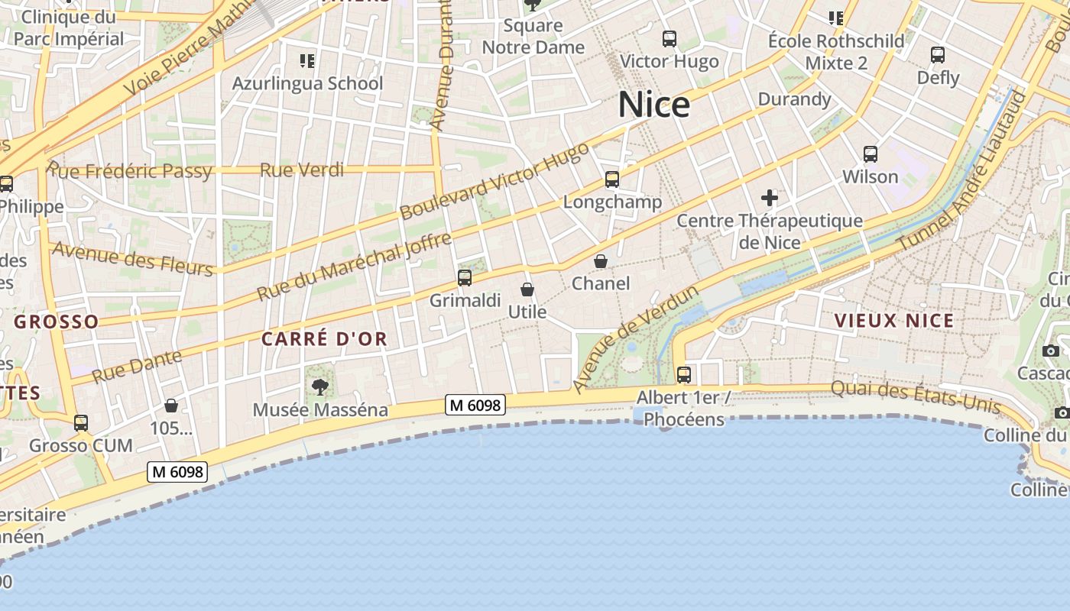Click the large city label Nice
(x=653, y=105)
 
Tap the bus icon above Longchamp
(x=612, y=179)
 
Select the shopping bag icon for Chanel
(x=601, y=261)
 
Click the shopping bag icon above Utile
(x=527, y=289)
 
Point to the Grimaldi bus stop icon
(x=465, y=278)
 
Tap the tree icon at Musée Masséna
(x=320, y=387)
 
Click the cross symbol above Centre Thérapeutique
(x=770, y=199)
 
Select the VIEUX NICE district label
(x=894, y=321)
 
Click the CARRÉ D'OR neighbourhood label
(x=324, y=339)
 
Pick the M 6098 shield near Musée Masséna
(x=475, y=405)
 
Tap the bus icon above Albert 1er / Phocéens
(x=684, y=375)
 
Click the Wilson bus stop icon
(x=871, y=154)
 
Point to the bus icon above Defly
(x=938, y=55)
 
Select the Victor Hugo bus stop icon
(x=670, y=38)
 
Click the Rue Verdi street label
(x=302, y=170)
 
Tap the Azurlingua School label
(x=307, y=83)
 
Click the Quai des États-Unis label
(x=915, y=396)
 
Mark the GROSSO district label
(x=57, y=322)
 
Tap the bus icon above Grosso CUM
(x=81, y=422)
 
